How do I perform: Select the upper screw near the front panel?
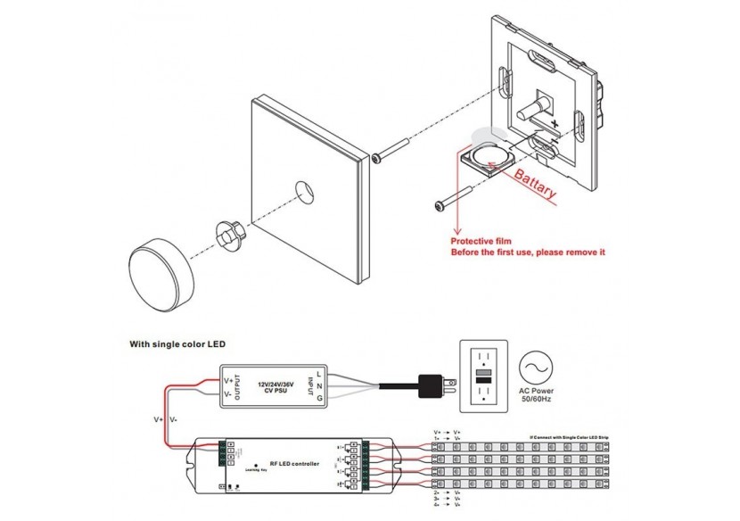coord(392,150)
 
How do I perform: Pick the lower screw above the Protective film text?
coord(456,199)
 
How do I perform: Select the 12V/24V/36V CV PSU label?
coord(275,385)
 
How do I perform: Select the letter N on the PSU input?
coord(318,386)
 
